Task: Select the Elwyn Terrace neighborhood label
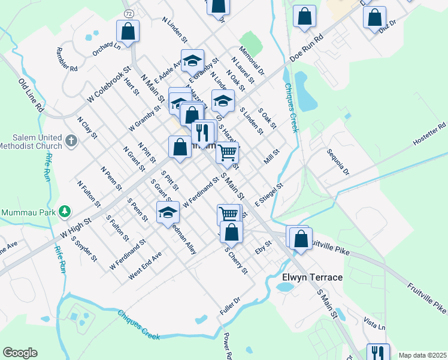312,278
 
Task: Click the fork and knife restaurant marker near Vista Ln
377,353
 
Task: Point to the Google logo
20,352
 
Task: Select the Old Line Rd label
32,96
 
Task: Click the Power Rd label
227,345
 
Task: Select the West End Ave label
145,266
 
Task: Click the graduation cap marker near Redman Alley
168,212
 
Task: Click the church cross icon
71,141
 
